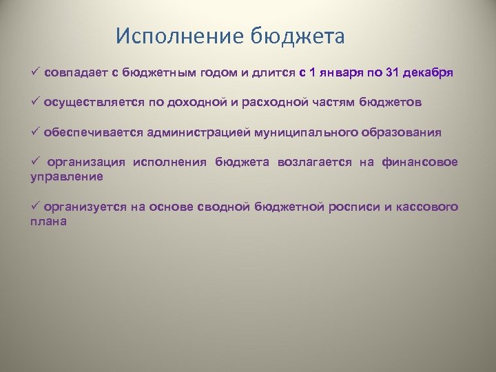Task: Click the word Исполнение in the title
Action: (170, 36)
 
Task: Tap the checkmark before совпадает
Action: (34, 72)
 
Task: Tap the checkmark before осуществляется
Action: (34, 102)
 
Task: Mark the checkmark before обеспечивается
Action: (34, 132)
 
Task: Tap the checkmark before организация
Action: (34, 162)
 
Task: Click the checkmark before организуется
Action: (34, 207)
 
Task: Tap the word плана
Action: (48, 222)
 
